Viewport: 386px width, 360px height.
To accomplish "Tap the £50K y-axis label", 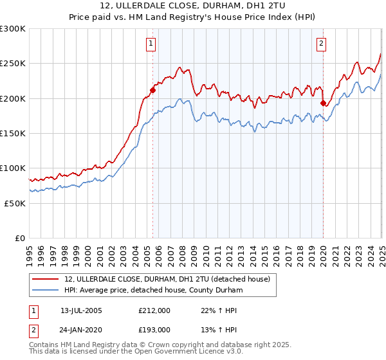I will click(x=15, y=203).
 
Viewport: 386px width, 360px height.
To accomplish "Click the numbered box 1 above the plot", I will click(x=151, y=44).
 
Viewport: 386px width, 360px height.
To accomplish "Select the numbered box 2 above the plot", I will click(x=321, y=44).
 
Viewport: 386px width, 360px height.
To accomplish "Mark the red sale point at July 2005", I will click(x=153, y=90).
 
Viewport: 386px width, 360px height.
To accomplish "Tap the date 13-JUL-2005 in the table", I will click(x=82, y=310).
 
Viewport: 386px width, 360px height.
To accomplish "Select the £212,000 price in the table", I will click(x=155, y=310).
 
